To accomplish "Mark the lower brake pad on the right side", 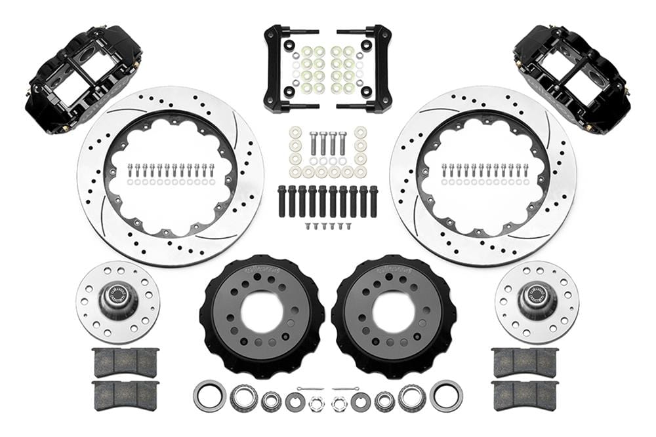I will click(525, 394).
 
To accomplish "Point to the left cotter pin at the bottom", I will click(308, 389).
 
